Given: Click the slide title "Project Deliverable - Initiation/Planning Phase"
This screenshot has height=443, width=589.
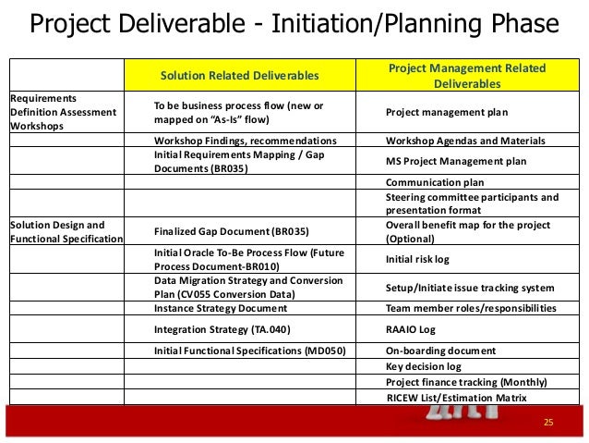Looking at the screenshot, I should pos(294,24).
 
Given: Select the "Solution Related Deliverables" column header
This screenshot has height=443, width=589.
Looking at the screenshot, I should pos(240,75).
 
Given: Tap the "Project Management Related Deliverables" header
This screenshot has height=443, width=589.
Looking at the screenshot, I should pos(466,76).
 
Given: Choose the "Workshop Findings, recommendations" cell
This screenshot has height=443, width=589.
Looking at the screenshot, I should pos(245,141).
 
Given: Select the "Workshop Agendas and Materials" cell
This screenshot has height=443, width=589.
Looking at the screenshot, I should pos(465,141).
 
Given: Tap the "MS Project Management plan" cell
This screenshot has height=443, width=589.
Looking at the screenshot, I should pos(456,161).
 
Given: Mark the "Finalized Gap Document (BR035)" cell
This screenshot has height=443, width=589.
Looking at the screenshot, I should pos(231,231).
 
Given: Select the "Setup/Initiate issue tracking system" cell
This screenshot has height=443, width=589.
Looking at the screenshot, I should pos(470,288).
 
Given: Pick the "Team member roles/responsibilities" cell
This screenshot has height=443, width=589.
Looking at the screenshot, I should pos(471,308).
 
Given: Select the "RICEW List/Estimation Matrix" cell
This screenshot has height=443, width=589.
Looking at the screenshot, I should pos(457,398).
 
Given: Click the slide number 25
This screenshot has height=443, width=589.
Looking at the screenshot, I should pos(547,423).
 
